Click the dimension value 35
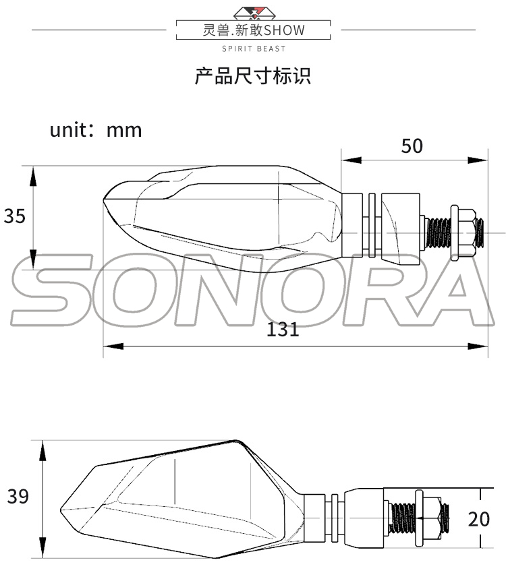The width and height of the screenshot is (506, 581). coord(14,216)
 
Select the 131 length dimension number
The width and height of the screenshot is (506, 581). coord(283,330)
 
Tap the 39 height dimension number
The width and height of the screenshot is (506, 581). coord(18,497)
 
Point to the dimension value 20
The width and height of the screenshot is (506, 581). coord(478,519)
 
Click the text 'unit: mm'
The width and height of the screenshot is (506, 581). coord(96,129)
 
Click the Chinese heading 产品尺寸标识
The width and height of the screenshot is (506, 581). coord(253,75)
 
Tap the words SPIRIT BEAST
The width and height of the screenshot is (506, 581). coord(254,49)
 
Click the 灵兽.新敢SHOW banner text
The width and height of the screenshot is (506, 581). coord(254,30)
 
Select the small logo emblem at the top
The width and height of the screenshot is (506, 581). coord(254,11)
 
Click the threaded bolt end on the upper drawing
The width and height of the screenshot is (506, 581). coord(480,233)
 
